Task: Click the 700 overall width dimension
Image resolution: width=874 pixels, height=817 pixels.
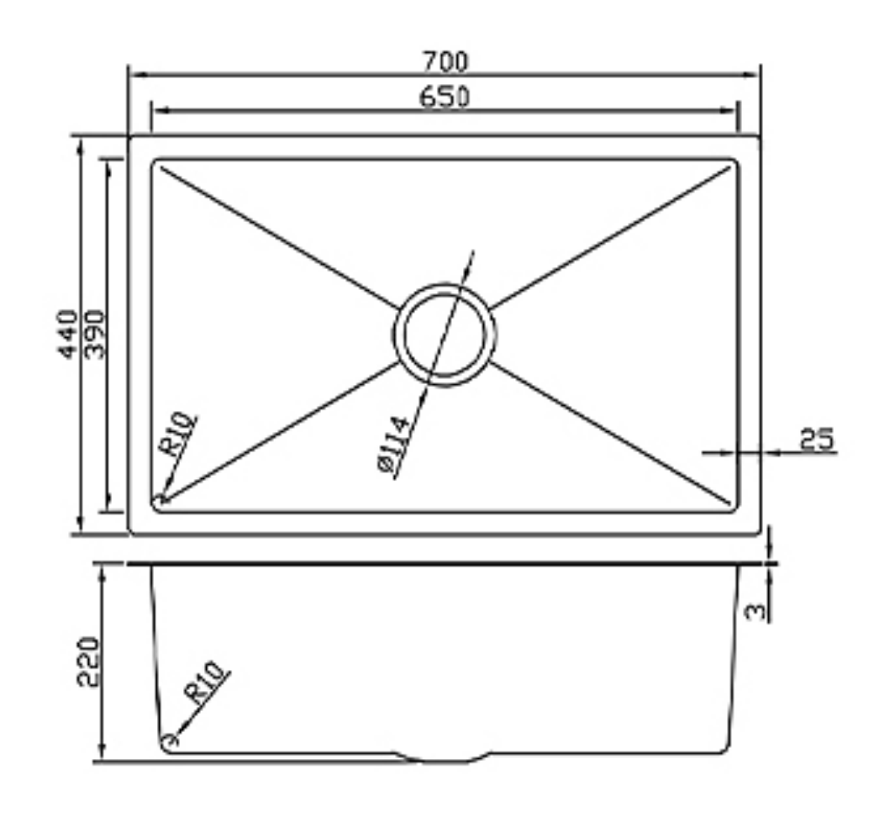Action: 445,61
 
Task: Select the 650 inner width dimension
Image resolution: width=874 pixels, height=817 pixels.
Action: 445,97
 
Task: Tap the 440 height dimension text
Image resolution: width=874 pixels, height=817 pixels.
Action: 68,334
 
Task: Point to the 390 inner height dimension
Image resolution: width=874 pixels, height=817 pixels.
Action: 95,334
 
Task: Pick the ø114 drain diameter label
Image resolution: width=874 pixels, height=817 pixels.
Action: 395,445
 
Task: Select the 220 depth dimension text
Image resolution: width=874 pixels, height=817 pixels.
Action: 89,662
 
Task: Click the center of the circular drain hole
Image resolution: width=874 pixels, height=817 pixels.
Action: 444,334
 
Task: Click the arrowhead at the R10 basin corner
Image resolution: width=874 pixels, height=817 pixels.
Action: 160,500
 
